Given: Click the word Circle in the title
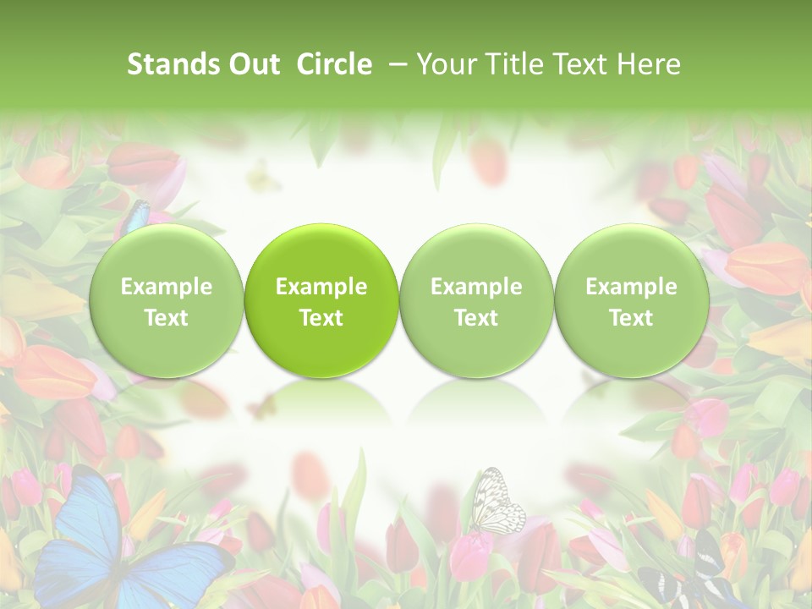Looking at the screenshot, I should [x=334, y=64].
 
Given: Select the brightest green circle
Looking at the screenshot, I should [x=321, y=300].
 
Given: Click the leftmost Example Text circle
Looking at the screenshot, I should [x=166, y=300].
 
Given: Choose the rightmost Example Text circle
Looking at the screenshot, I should [x=631, y=300].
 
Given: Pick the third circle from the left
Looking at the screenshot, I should [x=476, y=300].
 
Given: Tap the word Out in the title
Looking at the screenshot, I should [x=252, y=64].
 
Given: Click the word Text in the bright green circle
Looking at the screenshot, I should [x=321, y=318].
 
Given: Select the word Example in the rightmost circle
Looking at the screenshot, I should [x=631, y=287].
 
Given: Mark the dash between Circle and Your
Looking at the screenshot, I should [x=396, y=64].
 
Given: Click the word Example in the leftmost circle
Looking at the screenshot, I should [x=166, y=287].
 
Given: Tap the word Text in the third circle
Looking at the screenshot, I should [x=476, y=318].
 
